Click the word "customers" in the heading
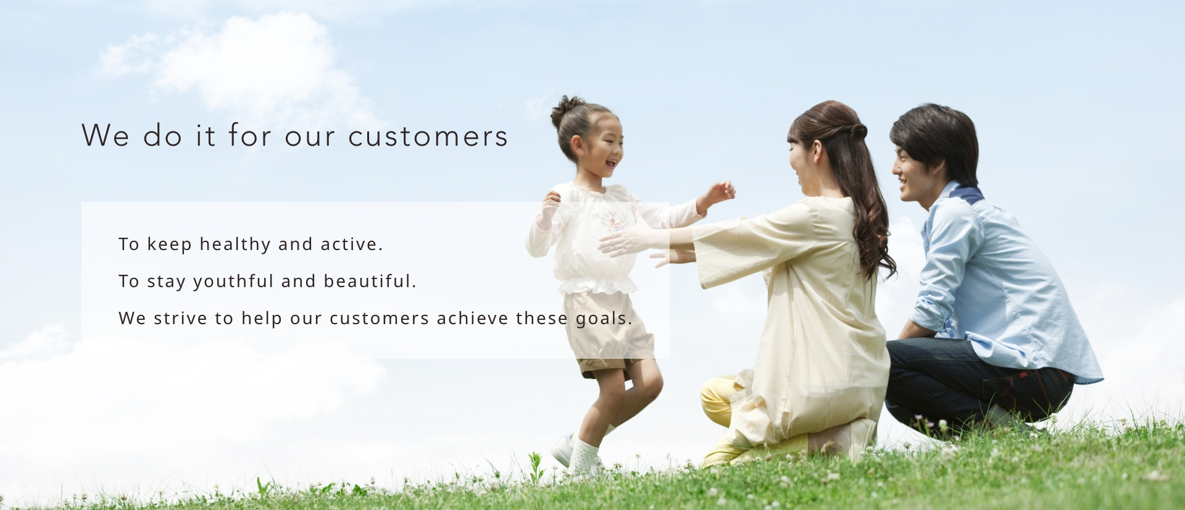pyautogui.click(x=428, y=136)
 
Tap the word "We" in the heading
pyautogui.click(x=106, y=135)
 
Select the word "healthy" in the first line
pyautogui.click(x=235, y=245)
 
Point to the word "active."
pyautogui.click(x=352, y=245)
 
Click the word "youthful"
pyautogui.click(x=233, y=282)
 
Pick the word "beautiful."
pyautogui.click(x=370, y=281)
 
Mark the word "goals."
pyautogui.click(x=604, y=319)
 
